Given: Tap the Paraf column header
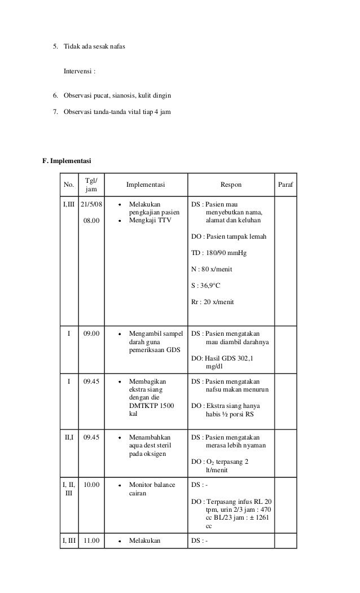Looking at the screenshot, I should point(287,185).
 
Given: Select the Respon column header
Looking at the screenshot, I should point(230,185).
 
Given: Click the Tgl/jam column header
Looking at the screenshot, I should point(91,185).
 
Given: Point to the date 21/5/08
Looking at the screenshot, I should point(91,204).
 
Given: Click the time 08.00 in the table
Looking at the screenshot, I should point(91,221).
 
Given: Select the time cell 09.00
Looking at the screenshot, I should point(91,333).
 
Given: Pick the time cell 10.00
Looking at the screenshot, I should point(91,485).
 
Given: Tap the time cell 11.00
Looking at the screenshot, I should point(91,541).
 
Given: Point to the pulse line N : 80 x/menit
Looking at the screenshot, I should point(212,269).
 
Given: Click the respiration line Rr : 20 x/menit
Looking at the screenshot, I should point(212,302).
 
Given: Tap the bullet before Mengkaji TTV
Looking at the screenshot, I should point(120,221).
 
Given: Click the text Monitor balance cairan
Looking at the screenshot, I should point(151,489).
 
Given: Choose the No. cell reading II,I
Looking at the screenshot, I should point(69,437).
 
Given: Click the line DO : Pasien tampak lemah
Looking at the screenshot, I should point(229,236).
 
